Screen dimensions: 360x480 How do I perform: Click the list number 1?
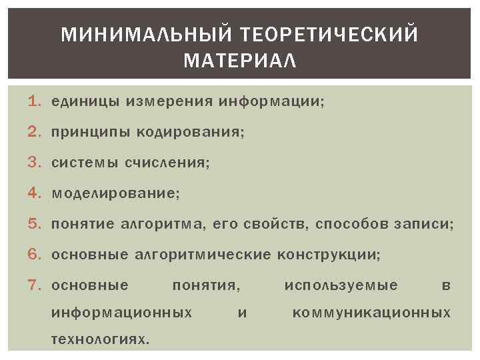pos(35,102)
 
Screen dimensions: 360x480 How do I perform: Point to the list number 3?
pos(35,163)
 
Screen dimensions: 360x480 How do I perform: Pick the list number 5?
pos(35,225)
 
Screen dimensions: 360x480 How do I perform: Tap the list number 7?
pos(35,286)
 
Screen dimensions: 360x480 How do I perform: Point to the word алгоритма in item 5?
pos(171,225)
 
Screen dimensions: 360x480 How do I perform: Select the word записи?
pos(427,225)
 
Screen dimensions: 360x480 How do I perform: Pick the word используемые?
pos(341,286)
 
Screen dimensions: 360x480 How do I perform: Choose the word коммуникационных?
pos(371,313)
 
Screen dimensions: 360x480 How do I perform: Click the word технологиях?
pos(100,339)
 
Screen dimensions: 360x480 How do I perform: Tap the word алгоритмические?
pos(203,255)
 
